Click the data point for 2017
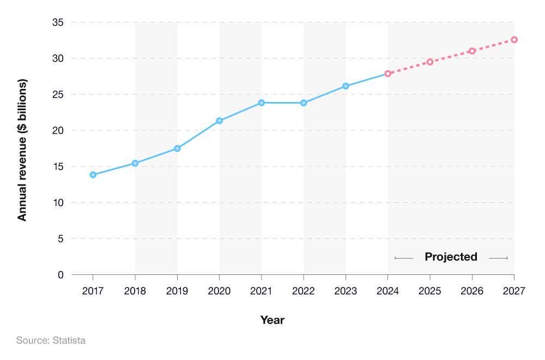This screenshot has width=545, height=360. (x=93, y=175)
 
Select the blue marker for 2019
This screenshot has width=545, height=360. (x=177, y=148)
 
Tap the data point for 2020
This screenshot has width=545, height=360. (x=219, y=121)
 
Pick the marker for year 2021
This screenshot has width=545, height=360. (x=262, y=103)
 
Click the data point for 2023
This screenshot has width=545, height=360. (x=346, y=86)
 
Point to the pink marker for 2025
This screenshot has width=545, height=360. (x=429, y=62)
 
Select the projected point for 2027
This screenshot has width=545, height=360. (x=514, y=40)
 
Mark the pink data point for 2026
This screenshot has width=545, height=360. (x=472, y=51)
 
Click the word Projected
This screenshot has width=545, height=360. (x=451, y=257)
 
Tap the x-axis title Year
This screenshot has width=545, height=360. (x=272, y=320)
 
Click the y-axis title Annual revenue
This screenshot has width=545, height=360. (x=22, y=150)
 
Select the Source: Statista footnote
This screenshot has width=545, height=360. (x=51, y=340)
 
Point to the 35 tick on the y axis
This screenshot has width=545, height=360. (x=57, y=22)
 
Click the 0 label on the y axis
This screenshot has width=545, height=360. (x=60, y=275)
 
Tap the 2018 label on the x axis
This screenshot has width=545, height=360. (x=135, y=291)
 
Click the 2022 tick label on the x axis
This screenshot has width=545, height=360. (x=304, y=291)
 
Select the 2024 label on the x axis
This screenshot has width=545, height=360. (x=387, y=291)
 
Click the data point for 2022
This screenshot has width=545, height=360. (x=304, y=103)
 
